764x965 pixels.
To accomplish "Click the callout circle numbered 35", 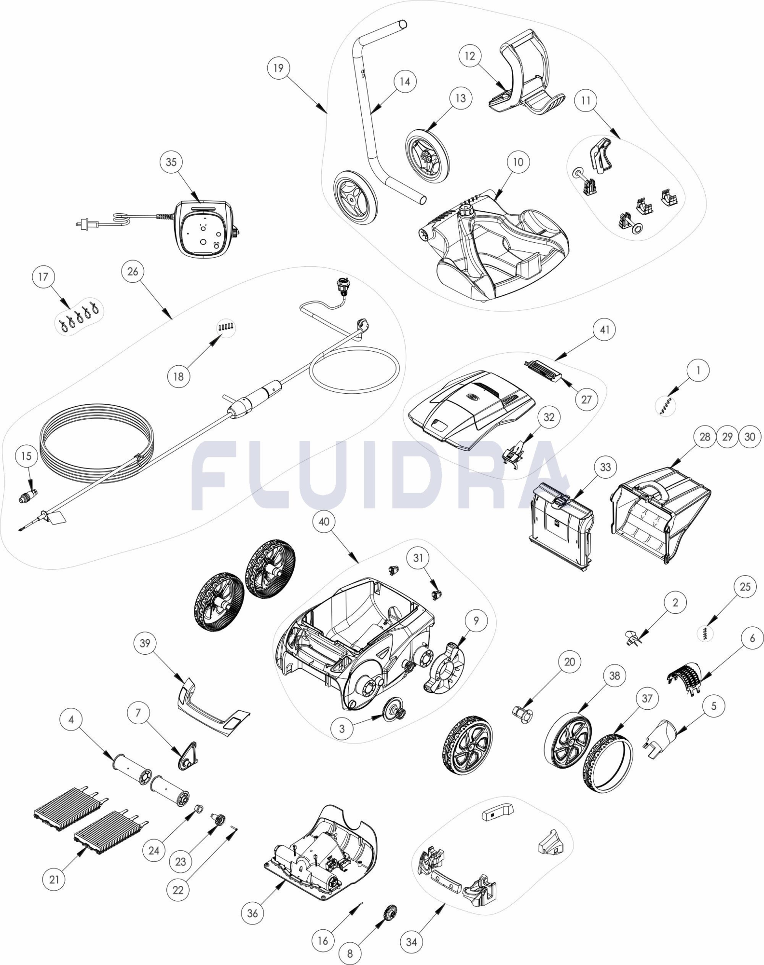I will click(x=171, y=162).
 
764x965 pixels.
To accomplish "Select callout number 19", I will click(x=278, y=68).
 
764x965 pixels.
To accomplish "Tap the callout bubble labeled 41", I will click(x=604, y=330).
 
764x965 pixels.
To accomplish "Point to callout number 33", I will click(x=605, y=467).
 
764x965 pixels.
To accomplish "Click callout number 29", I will click(x=727, y=437).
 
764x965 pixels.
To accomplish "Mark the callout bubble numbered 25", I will click(x=745, y=586).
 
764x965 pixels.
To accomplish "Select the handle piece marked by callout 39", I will click(x=210, y=706).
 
